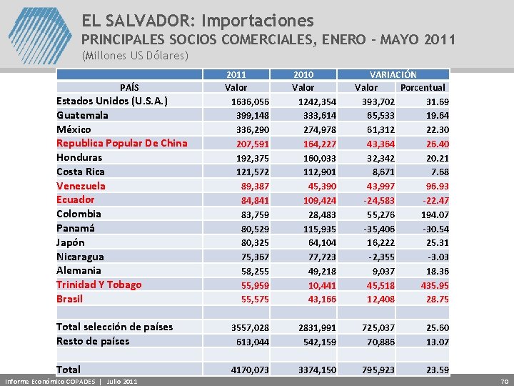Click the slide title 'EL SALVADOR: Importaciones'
click(197, 20)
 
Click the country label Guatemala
click(83, 115)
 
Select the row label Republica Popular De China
click(121, 143)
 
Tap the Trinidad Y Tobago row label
click(99, 284)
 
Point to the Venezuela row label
click(81, 186)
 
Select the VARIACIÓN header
click(393, 74)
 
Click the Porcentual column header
click(423, 88)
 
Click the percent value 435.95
click(434, 284)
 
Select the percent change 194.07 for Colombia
click(434, 214)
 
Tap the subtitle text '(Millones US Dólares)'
click(135, 55)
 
